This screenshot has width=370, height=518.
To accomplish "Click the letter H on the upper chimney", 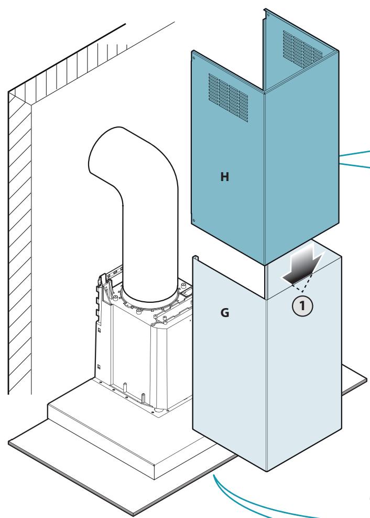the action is tap(225, 177).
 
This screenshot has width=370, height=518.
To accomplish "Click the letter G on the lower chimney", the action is tap(225, 312).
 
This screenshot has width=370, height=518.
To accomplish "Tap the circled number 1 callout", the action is tap(302, 306).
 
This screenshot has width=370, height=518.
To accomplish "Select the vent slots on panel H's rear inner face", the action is tap(302, 49).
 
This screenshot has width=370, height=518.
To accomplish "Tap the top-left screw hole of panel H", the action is tap(194, 58).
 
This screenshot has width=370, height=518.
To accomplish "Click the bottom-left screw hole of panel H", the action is tap(194, 220).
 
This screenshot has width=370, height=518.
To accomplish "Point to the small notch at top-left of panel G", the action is tap(195, 258).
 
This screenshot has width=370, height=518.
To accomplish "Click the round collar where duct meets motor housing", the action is tap(150, 298).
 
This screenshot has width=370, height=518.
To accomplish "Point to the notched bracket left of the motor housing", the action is tap(100, 298).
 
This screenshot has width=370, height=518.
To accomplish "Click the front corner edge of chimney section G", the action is tap(266, 385).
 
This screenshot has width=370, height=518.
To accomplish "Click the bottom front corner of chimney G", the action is tap(266, 471).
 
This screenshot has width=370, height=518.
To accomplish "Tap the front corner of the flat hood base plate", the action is tap(133, 515).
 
